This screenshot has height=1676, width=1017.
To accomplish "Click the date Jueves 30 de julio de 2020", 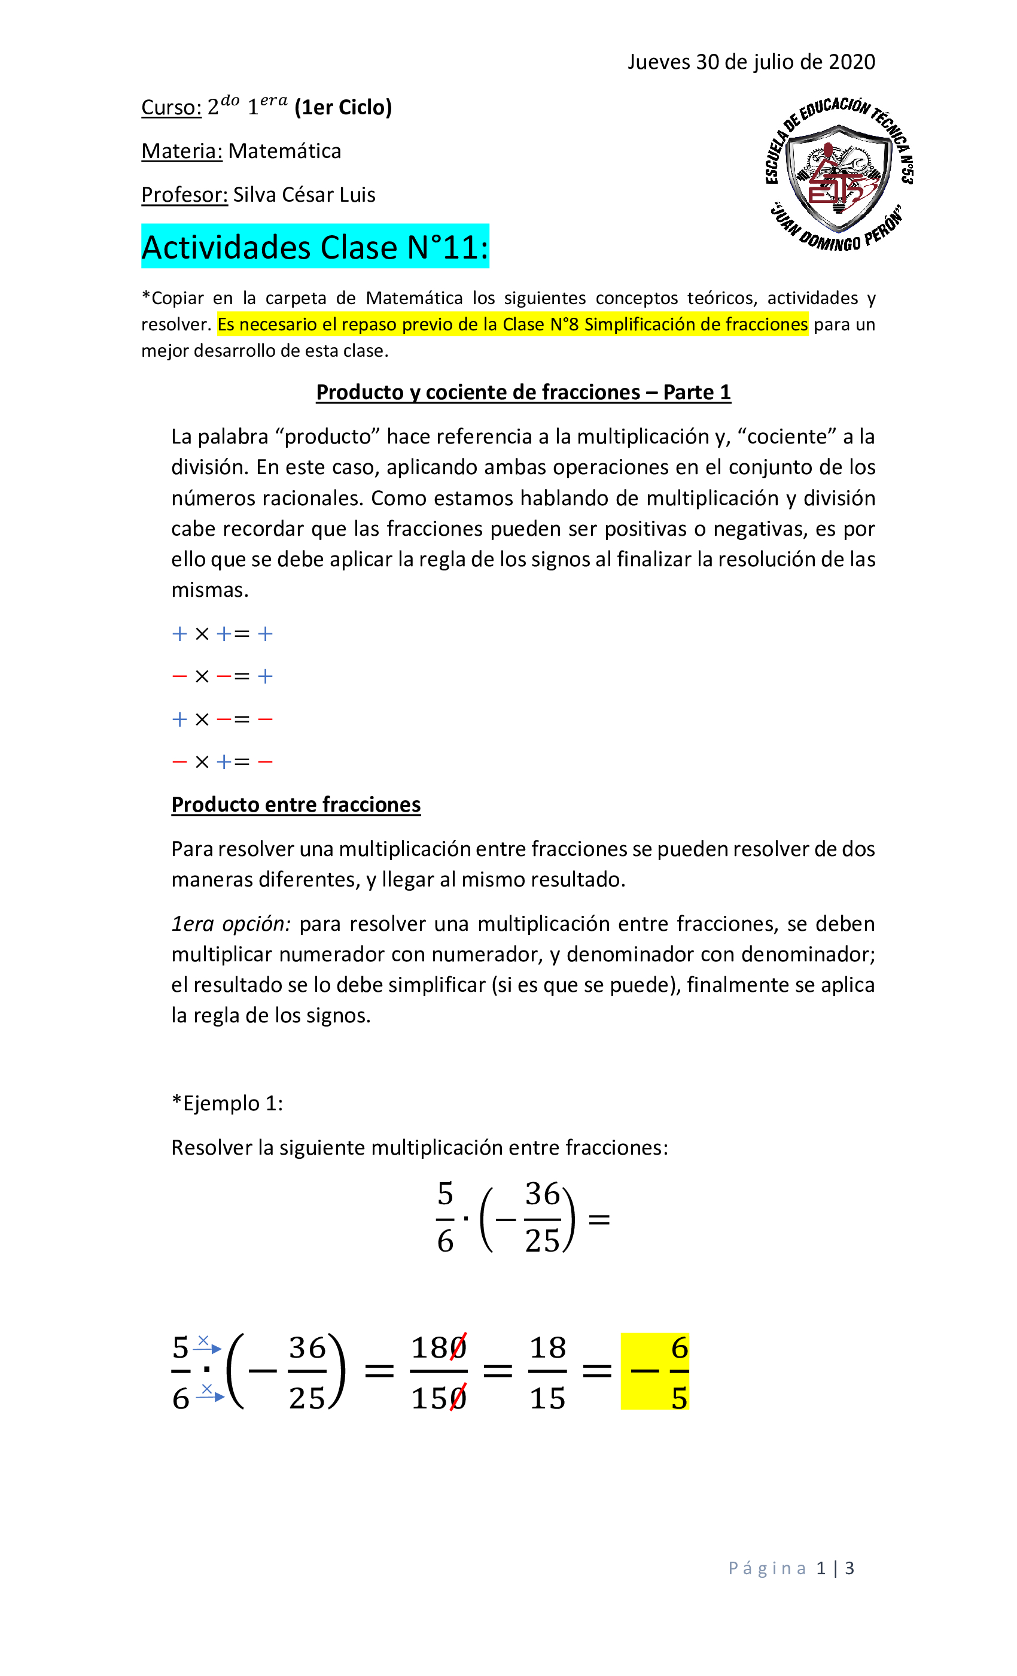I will [x=751, y=62].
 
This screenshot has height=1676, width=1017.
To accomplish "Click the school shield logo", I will [x=838, y=175].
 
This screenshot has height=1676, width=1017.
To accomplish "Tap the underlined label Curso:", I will [x=171, y=108].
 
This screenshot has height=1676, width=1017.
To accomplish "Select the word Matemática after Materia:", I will [x=284, y=151].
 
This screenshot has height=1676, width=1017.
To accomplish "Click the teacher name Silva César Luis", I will [x=304, y=195].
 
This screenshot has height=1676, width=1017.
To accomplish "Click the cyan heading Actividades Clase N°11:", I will [x=315, y=247].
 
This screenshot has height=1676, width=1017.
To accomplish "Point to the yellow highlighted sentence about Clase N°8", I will [x=512, y=324].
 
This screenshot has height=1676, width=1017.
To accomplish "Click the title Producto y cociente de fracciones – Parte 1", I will [x=523, y=393].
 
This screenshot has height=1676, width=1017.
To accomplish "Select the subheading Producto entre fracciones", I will [x=296, y=804].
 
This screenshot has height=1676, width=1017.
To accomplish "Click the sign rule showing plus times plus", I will [x=223, y=634].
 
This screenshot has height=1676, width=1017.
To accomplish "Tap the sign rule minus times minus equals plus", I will [x=223, y=676].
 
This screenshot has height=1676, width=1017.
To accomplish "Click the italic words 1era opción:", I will [x=230, y=924].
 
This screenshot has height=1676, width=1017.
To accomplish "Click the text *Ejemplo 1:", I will [x=227, y=1103].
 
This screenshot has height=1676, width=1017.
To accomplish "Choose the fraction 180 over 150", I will [x=439, y=1372].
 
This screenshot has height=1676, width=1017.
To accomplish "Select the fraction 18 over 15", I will [x=547, y=1372].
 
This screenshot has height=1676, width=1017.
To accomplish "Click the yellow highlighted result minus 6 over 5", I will [x=654, y=1372].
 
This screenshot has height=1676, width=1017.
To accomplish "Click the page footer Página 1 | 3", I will [x=791, y=1568].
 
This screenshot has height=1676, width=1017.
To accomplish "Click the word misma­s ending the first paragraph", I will [x=209, y=590].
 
